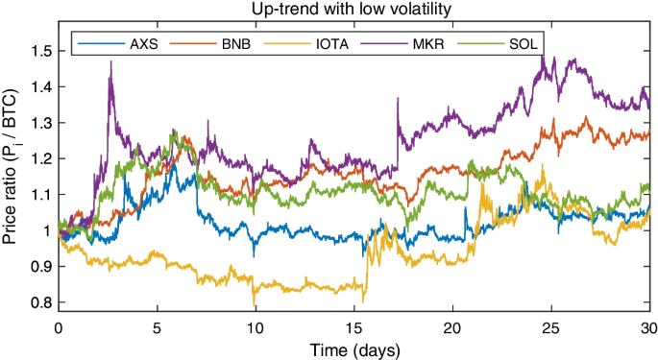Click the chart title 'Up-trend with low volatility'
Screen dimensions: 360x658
point(353,10)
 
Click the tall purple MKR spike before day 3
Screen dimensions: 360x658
point(110,63)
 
